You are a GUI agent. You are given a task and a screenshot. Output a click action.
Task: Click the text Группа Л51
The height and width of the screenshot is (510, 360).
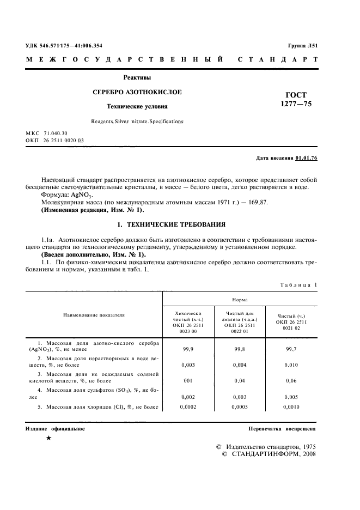(x=303, y=46)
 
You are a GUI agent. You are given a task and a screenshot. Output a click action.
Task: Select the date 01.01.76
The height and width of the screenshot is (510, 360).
(x=306, y=158)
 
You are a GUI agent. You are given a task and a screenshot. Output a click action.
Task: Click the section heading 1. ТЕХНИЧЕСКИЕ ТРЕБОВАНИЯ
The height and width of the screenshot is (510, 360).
(x=169, y=224)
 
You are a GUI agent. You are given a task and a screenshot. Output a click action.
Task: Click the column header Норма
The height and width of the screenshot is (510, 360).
(x=241, y=299)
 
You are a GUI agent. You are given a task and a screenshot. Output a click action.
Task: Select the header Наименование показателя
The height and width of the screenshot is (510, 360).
(x=93, y=315)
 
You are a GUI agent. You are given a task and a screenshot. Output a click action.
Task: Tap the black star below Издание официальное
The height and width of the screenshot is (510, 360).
(x=49, y=438)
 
